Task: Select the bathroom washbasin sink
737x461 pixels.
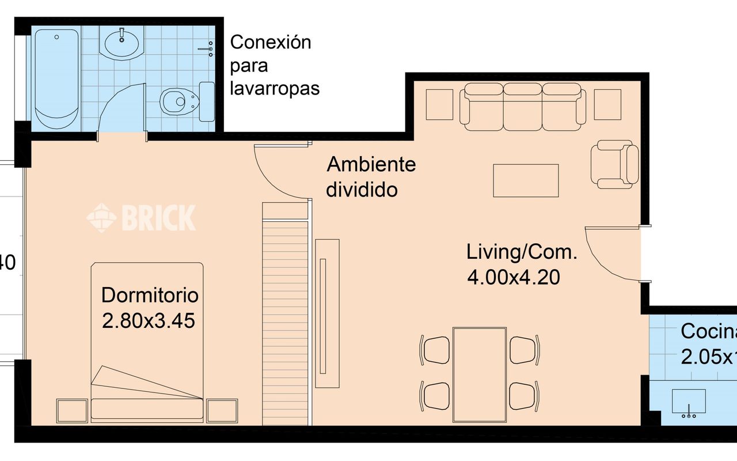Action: click(x=121, y=43)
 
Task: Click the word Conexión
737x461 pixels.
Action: click(x=270, y=43)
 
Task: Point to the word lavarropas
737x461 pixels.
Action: click(x=275, y=89)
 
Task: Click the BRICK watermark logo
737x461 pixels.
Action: click(x=141, y=218)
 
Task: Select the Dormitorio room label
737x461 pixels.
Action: click(x=150, y=296)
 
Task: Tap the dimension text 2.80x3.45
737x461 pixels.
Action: click(x=149, y=320)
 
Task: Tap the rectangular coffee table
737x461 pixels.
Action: click(x=526, y=180)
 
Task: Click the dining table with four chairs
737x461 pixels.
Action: click(x=480, y=374)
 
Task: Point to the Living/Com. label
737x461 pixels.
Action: click(x=522, y=252)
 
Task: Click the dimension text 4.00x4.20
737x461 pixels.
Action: click(x=513, y=278)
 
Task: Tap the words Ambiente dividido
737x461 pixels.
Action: click(x=371, y=176)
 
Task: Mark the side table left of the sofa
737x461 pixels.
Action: click(x=439, y=104)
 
